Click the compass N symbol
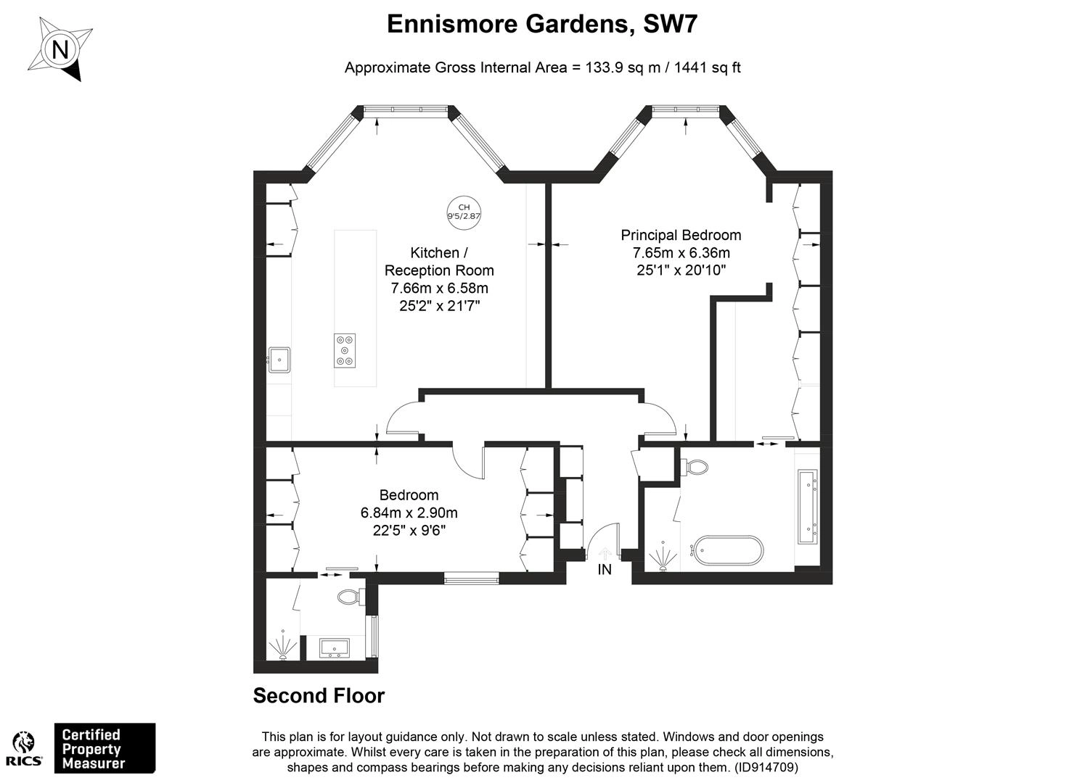click(60, 49)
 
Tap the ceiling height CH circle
click(464, 212)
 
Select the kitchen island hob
click(345, 350)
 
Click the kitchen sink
click(279, 360)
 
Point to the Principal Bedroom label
click(681, 235)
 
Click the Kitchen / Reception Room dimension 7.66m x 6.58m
click(439, 289)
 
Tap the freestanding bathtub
click(727, 550)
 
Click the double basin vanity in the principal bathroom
click(808, 506)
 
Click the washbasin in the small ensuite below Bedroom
click(335, 648)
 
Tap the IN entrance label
click(605, 570)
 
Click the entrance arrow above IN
click(605, 553)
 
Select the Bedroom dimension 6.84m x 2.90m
click(409, 513)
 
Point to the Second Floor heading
click(319, 696)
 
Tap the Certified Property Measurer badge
click(105, 748)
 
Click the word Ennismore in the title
click(452, 24)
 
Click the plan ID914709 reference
click(766, 767)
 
